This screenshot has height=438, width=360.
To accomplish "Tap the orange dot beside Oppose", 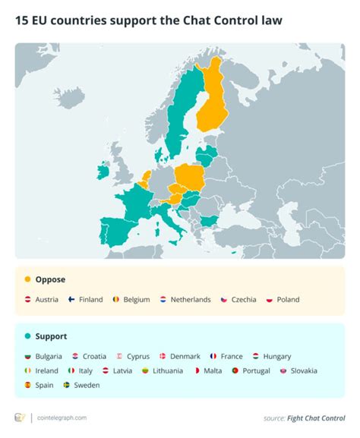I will click(x=27, y=279).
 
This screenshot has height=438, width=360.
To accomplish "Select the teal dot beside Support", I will click(x=27, y=336).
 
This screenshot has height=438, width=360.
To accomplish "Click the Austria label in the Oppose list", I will click(x=46, y=300).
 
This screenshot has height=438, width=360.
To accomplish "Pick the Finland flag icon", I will click(x=71, y=300).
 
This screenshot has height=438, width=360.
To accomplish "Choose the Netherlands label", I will click(x=191, y=300).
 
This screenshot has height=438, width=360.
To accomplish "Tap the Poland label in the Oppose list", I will click(x=288, y=300).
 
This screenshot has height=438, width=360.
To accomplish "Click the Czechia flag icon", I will click(x=224, y=300).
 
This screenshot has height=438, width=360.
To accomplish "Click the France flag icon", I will click(x=214, y=356).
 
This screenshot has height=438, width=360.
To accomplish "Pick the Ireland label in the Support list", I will click(x=46, y=370).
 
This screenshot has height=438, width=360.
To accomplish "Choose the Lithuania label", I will click(x=166, y=370).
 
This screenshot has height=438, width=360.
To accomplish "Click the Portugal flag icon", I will click(x=236, y=370).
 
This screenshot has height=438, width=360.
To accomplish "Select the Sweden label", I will click(x=87, y=385).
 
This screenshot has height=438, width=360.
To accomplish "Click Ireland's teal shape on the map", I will click(x=103, y=172).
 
